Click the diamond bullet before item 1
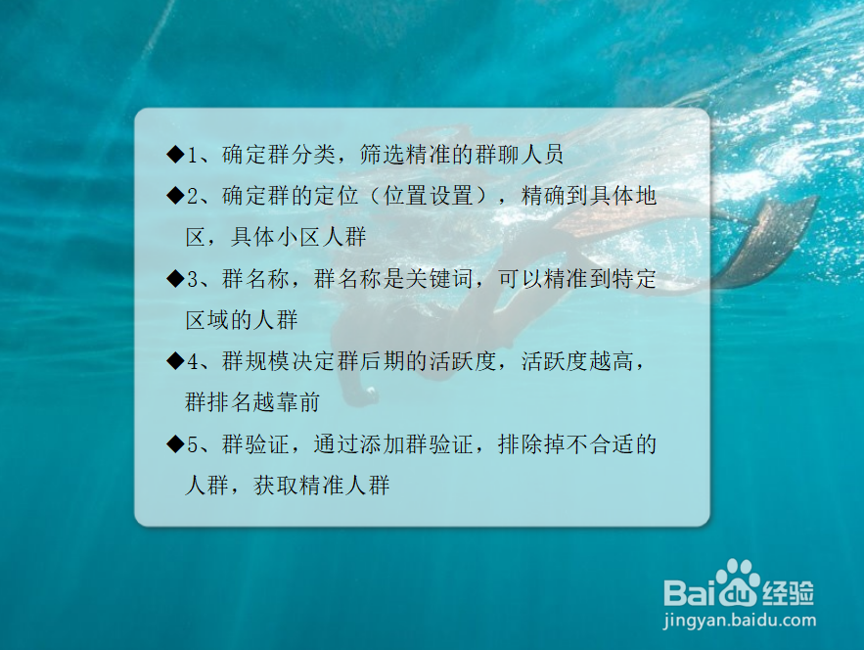(x=175, y=155)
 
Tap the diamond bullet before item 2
(x=175, y=196)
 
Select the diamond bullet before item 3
(x=175, y=279)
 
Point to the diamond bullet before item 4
(x=175, y=361)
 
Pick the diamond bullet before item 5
(x=175, y=444)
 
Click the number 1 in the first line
(x=193, y=155)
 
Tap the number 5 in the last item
(x=193, y=444)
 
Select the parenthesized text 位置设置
(x=429, y=196)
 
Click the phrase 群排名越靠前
(x=252, y=402)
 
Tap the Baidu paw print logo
(x=736, y=583)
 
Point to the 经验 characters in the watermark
(x=788, y=591)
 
